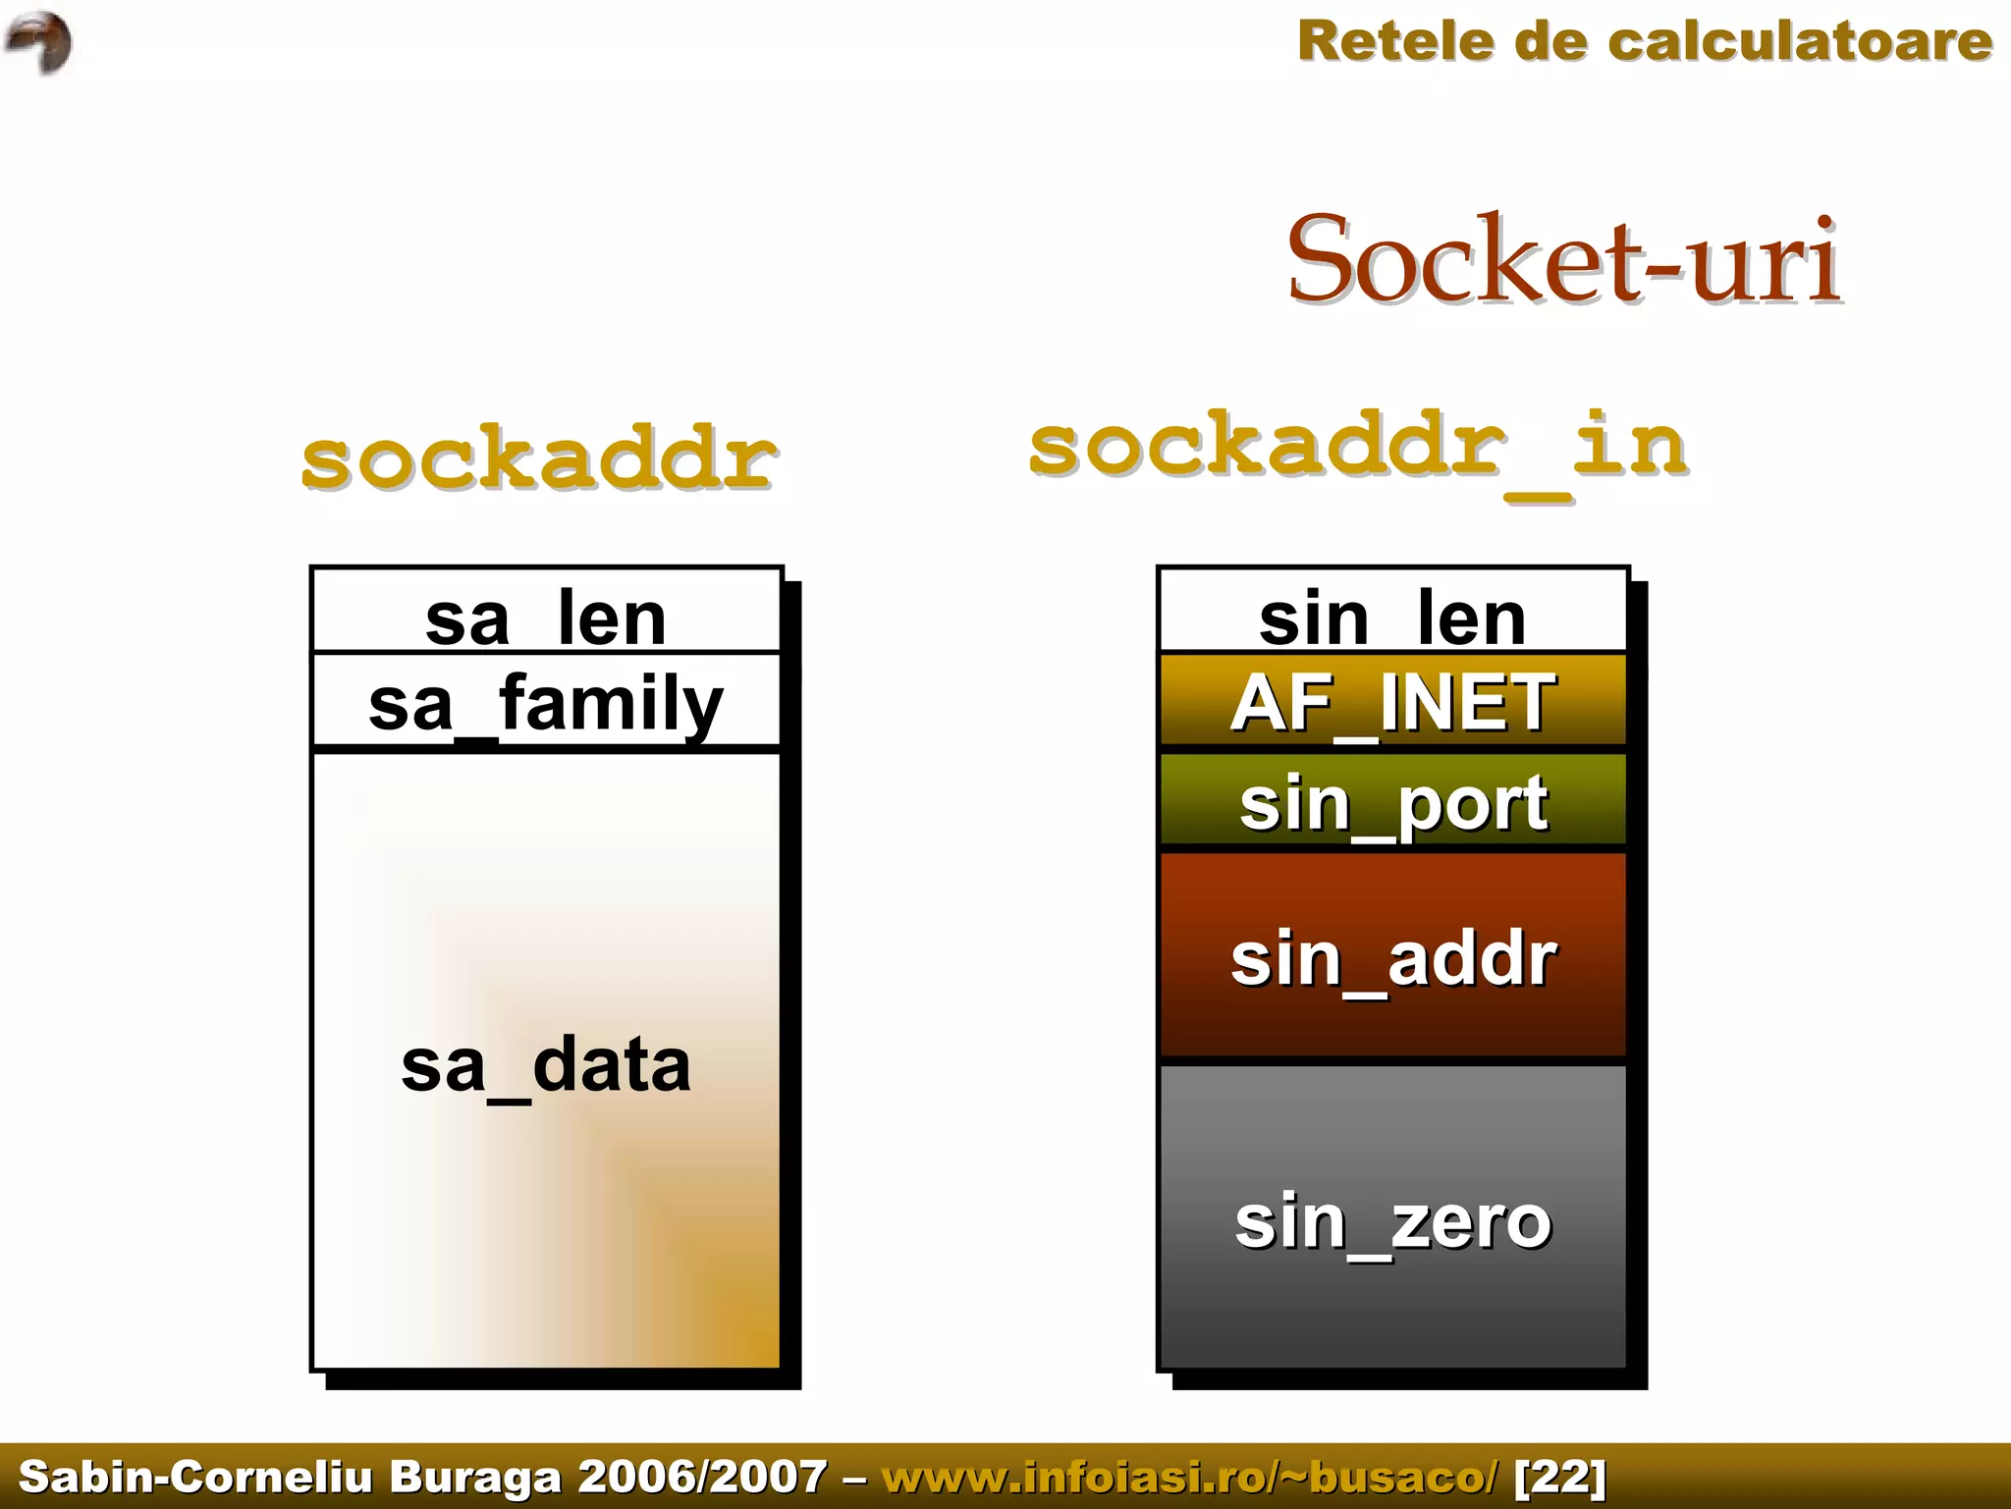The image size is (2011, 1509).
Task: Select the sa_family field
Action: click(546, 703)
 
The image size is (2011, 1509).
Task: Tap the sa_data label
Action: click(546, 1066)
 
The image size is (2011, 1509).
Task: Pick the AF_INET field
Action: click(1392, 703)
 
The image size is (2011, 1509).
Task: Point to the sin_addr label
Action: click(1392, 959)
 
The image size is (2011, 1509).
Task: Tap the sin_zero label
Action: click(1392, 1222)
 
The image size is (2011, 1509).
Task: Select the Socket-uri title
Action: click(1563, 260)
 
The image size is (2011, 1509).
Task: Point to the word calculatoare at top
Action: click(1800, 42)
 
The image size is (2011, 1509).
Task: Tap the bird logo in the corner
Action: click(39, 42)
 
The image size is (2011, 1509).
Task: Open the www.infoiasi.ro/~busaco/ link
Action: click(1190, 1477)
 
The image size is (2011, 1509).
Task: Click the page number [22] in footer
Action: click(1560, 1477)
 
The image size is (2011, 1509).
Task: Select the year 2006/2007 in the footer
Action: click(702, 1477)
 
